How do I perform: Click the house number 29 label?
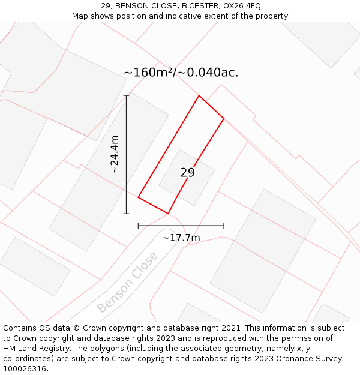[187, 173]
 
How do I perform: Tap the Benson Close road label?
[127, 282]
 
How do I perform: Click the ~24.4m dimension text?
[114, 154]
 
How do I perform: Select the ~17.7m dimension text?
[181, 238]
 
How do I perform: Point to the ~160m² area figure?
[148, 73]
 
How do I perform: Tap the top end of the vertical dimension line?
[126, 95]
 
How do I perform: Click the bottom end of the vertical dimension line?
[126, 214]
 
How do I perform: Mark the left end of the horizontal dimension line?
[138, 226]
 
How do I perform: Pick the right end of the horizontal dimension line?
[224, 226]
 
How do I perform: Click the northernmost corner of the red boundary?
[199, 95]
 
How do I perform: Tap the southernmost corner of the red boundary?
[168, 214]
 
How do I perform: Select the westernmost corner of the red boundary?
[138, 197]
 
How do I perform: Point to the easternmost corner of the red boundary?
[224, 118]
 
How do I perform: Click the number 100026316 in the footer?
[25, 369]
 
